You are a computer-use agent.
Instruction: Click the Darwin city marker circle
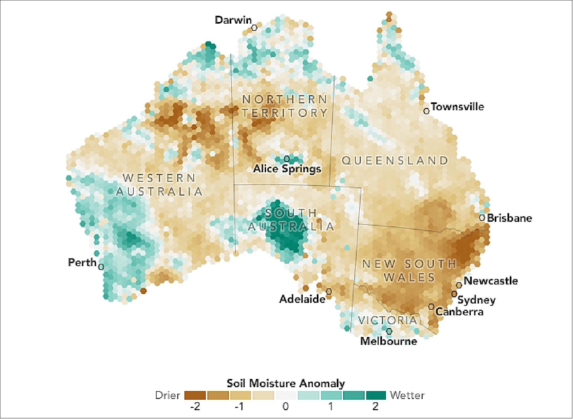point(254,28)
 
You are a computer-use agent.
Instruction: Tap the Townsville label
point(457,107)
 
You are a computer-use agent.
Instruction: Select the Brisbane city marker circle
point(482,218)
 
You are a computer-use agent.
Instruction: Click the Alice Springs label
point(287,169)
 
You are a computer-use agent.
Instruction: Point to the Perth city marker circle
point(101,267)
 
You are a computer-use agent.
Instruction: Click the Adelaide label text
point(302,299)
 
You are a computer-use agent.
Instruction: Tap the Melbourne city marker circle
point(389,331)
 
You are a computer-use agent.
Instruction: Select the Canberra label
point(459,311)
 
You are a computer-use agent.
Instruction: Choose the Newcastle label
point(490,281)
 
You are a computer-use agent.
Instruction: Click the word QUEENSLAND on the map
point(395,161)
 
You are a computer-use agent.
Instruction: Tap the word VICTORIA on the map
point(388,320)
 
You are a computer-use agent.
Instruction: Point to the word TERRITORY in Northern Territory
point(285,113)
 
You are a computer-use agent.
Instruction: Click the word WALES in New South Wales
point(409,278)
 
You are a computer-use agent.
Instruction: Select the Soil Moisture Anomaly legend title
point(286,383)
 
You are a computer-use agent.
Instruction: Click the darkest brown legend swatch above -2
point(195,395)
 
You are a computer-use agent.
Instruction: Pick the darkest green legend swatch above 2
point(376,395)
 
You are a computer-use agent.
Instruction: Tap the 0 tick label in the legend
point(286,407)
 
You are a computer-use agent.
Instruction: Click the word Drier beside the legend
point(167,395)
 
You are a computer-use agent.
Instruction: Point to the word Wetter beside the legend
point(407,395)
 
